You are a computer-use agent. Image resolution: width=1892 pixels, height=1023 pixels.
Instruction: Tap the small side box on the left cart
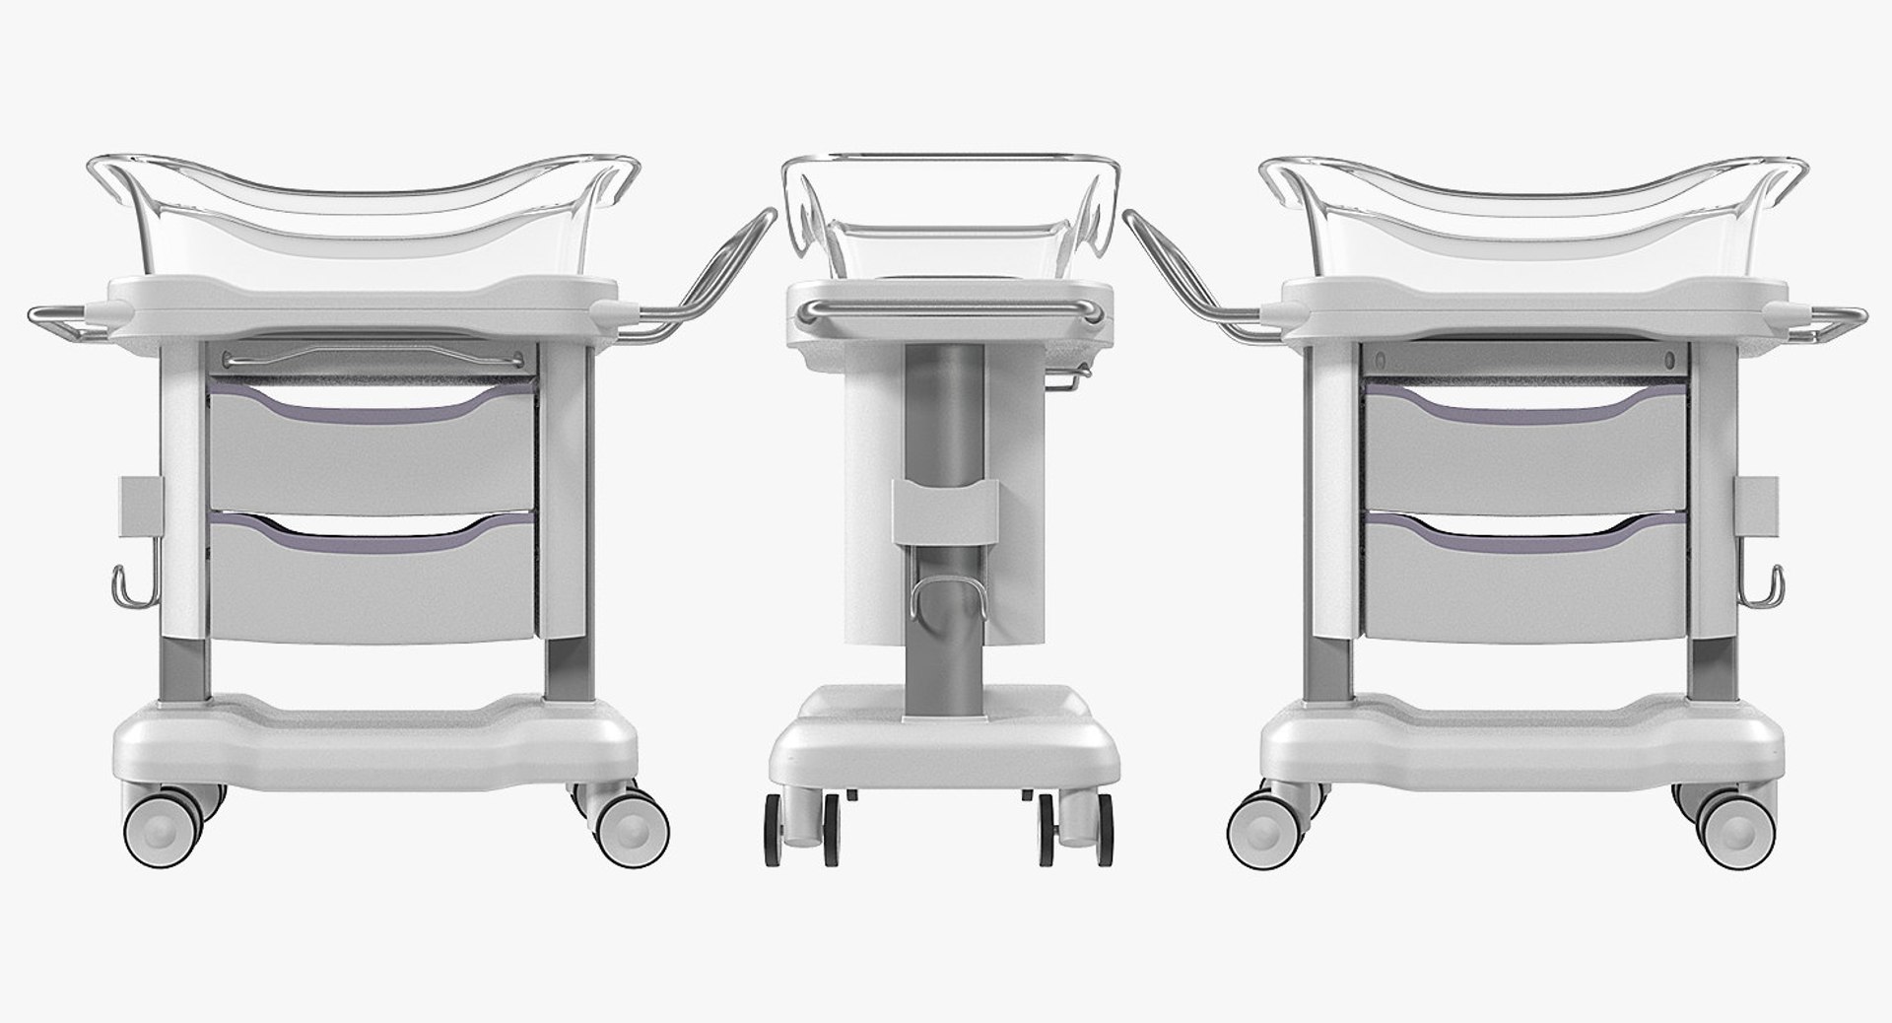pyautogui.click(x=142, y=508)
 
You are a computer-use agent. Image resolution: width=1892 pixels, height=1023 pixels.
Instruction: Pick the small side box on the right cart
pyautogui.click(x=1758, y=508)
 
